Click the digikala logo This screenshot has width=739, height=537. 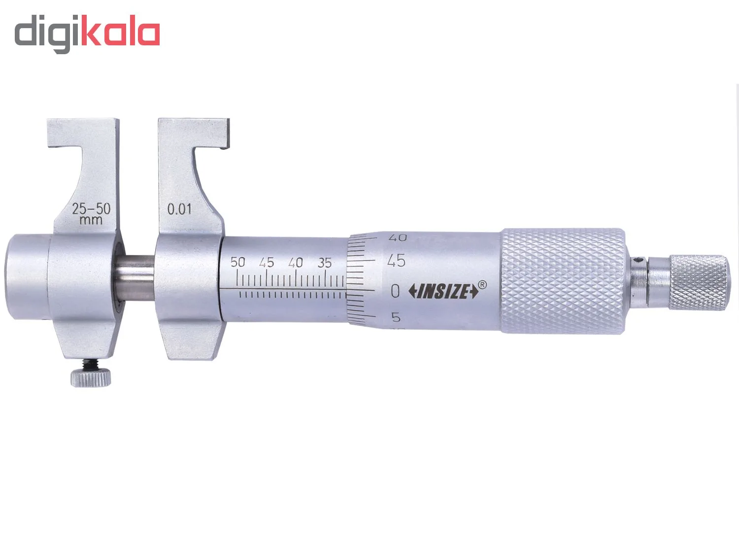coord(87,34)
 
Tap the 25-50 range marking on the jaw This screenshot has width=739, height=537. coord(91,209)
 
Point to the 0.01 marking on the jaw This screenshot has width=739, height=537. coord(179,209)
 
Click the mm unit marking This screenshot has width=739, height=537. coord(91,220)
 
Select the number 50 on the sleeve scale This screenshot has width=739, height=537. coord(237,263)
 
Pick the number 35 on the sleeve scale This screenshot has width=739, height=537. coord(325,263)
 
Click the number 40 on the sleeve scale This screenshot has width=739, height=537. coord(296,263)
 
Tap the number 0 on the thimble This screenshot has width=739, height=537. coord(395,291)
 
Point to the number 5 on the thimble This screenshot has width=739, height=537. coord(396,317)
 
